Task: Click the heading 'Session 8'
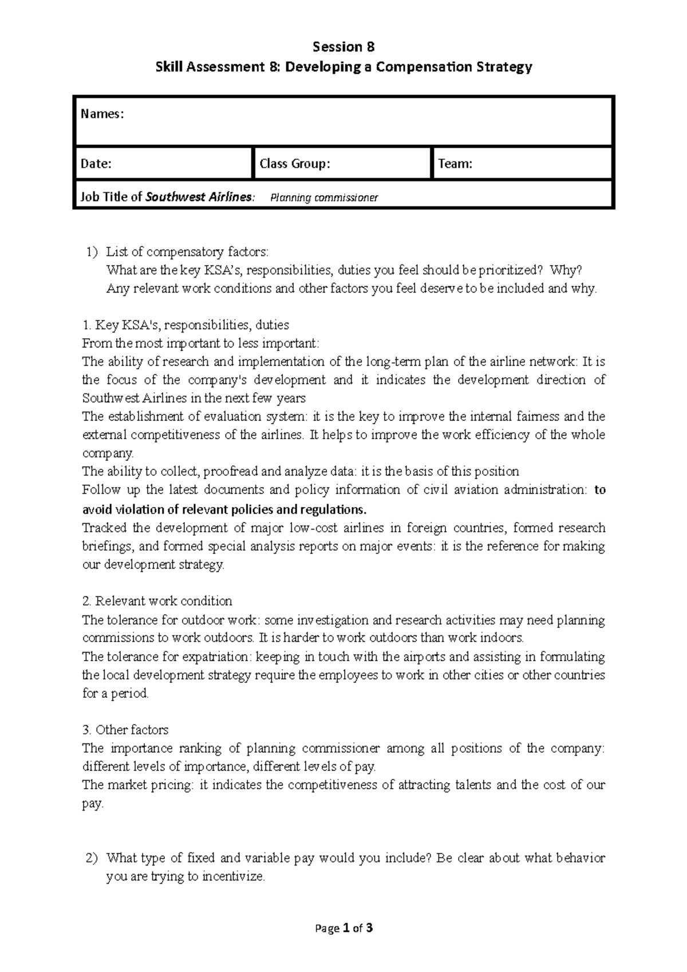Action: pos(343,46)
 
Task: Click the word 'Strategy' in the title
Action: pos(504,67)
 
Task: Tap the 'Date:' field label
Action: pos(96,164)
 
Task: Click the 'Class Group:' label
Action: pos(295,164)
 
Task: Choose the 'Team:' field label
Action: pos(455,164)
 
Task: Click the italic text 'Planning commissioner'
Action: pos(324,198)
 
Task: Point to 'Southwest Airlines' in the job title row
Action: pos(198,197)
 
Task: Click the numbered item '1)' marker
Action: pos(92,251)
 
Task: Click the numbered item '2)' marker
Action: pos(92,858)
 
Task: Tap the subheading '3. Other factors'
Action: pos(125,730)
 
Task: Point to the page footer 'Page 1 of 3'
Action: pos(343,928)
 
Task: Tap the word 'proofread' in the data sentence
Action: pos(231,471)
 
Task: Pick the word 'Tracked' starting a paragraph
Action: pos(105,527)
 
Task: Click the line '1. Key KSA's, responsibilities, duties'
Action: pos(185,325)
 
